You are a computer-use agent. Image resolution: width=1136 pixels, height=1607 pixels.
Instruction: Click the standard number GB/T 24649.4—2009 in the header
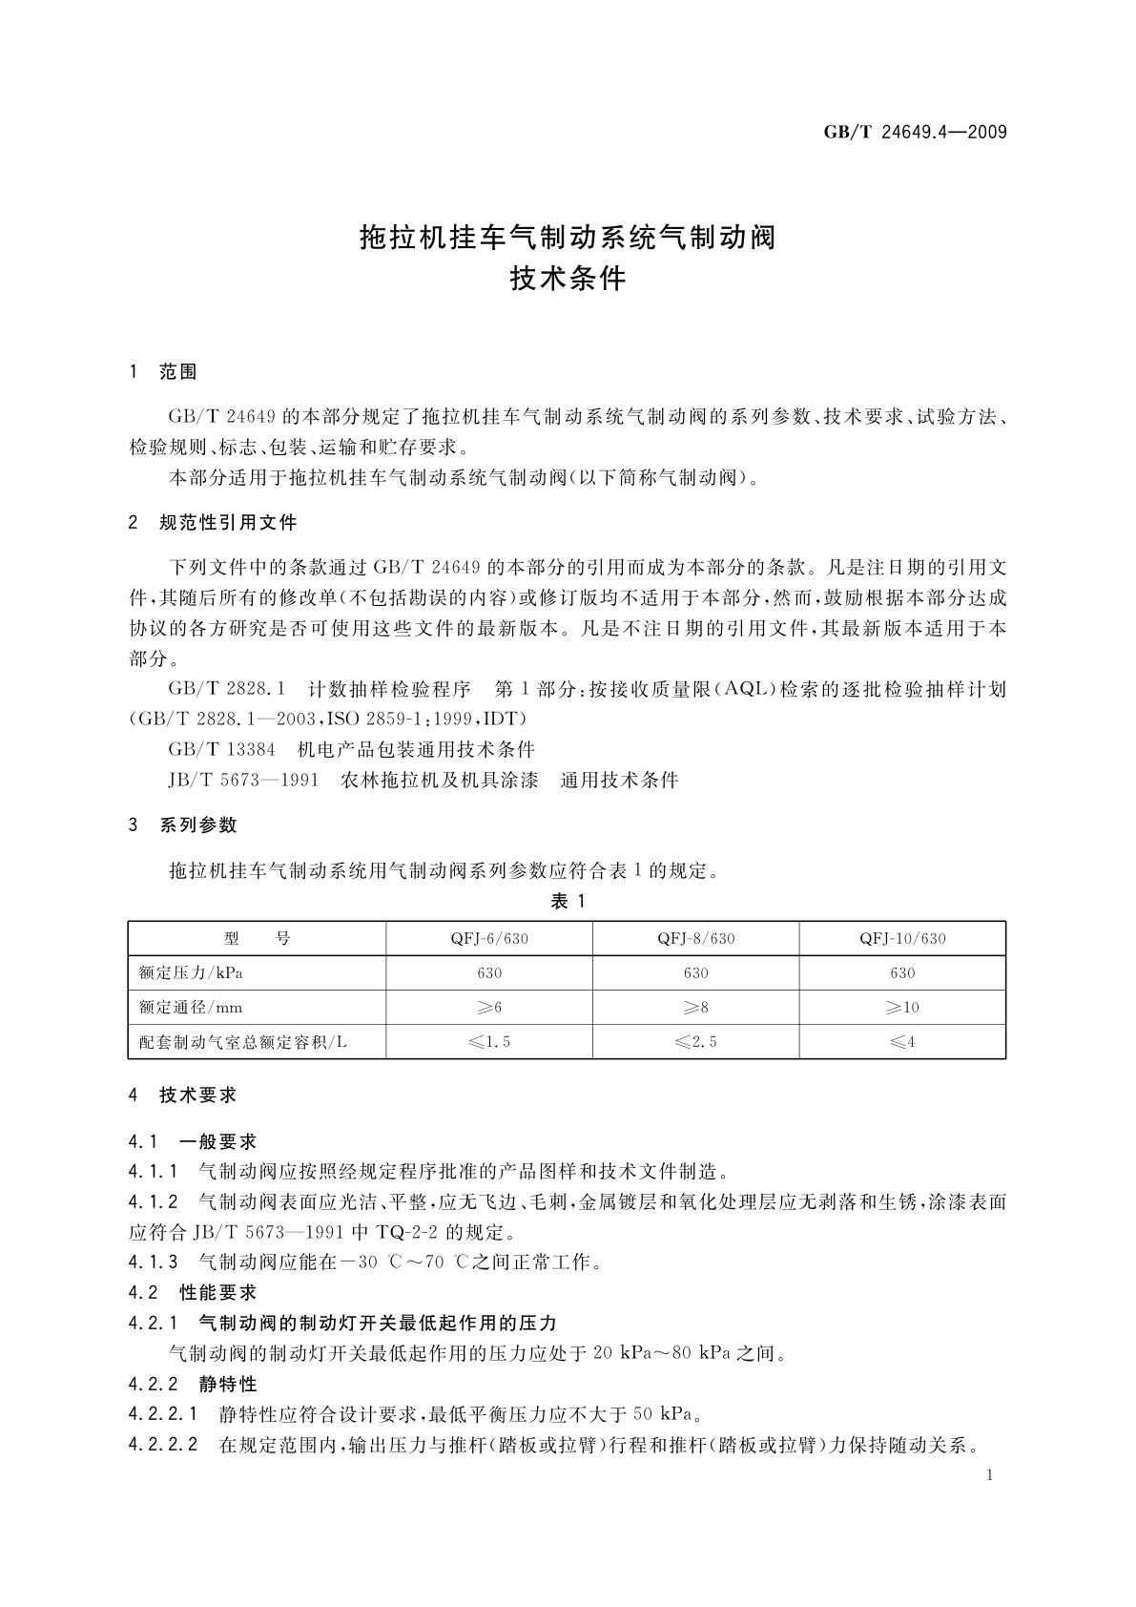(915, 132)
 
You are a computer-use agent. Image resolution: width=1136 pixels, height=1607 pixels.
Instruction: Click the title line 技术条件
(568, 279)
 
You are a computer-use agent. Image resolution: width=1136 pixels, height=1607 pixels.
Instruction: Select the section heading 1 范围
(163, 372)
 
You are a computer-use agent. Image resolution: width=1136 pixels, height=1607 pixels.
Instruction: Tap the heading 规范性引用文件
(228, 522)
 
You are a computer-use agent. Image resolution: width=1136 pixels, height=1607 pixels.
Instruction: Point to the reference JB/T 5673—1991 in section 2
(242, 780)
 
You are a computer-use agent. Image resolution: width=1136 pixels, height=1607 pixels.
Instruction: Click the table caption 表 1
(568, 901)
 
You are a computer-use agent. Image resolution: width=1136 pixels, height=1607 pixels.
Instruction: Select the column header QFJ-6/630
(489, 938)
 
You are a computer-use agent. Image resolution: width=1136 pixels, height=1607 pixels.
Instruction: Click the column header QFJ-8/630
(696, 938)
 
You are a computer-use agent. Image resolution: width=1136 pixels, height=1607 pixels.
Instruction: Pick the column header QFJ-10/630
(902, 938)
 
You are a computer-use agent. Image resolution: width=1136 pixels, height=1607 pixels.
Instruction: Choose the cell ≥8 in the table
(696, 1008)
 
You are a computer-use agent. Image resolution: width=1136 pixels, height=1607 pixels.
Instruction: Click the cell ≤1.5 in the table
(489, 1042)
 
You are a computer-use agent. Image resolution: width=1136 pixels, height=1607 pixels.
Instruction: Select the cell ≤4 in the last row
(902, 1042)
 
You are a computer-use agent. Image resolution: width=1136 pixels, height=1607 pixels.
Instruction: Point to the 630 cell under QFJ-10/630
(902, 973)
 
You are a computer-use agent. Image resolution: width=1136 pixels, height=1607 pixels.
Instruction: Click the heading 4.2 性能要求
(193, 1292)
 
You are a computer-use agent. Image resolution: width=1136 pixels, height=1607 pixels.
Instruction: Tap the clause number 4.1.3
(154, 1262)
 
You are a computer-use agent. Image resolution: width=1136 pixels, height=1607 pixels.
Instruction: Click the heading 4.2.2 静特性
(193, 1383)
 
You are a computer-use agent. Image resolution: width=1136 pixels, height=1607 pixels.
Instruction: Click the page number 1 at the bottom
(989, 1475)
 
